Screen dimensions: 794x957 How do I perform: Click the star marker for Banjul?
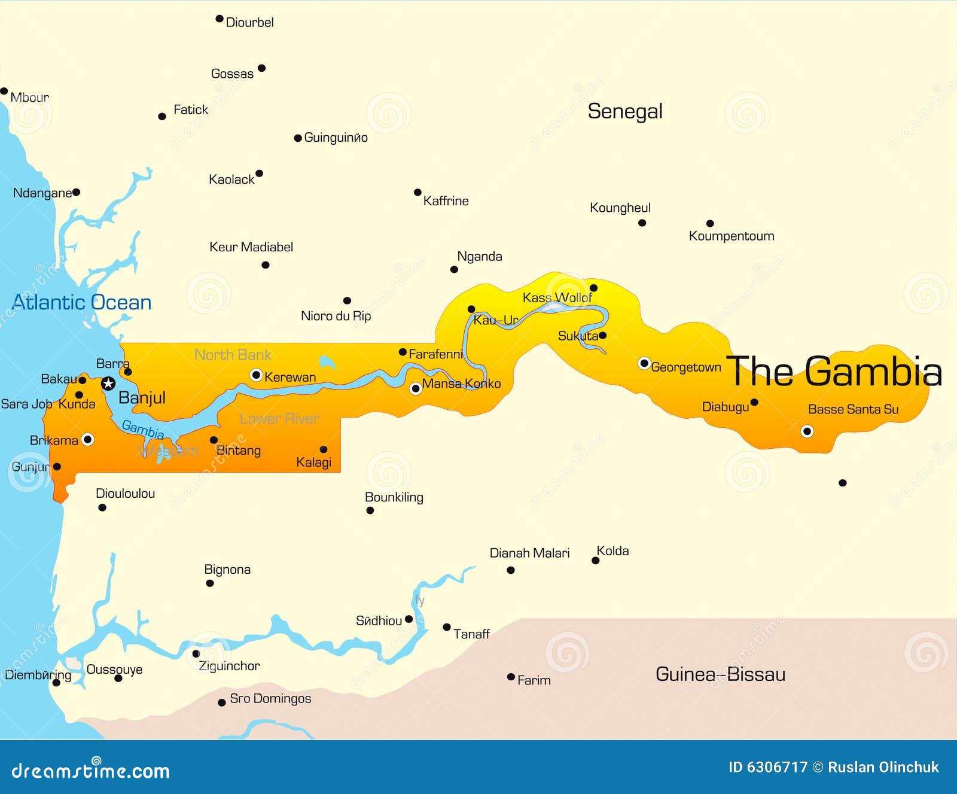tap(108, 384)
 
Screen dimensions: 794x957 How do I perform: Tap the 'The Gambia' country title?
tap(834, 372)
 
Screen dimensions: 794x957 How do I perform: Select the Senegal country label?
tap(625, 111)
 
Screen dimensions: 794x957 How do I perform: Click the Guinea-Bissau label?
tap(720, 674)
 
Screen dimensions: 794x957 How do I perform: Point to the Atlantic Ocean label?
tap(82, 302)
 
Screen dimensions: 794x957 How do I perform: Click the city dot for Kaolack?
tap(259, 174)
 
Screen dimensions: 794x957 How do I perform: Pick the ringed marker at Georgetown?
tap(644, 363)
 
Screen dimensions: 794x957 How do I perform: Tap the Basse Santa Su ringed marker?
tap(807, 431)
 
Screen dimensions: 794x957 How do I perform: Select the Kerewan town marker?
tap(256, 375)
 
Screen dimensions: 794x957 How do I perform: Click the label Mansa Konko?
tap(461, 384)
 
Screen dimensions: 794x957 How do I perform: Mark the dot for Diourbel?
tap(220, 19)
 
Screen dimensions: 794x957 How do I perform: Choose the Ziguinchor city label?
tap(229, 666)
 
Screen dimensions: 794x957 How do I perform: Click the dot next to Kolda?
tap(595, 561)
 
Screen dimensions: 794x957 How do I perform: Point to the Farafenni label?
tap(436, 354)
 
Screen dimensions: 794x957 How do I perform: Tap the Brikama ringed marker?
tap(87, 440)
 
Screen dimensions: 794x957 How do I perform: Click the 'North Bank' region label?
tap(233, 355)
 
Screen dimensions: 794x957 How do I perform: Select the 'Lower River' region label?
tap(279, 419)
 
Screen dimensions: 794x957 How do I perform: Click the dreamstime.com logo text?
tap(91, 770)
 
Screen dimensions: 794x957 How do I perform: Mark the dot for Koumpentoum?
tap(710, 224)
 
